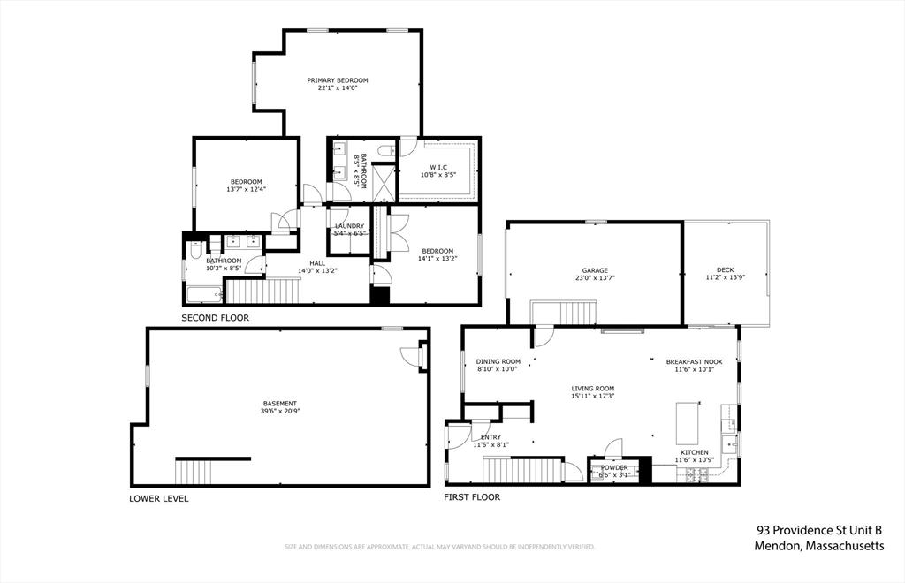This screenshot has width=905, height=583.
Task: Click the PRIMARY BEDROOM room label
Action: [x=338, y=80]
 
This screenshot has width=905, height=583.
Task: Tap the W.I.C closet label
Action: [x=438, y=167]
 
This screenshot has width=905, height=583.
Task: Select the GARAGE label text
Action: [x=594, y=270]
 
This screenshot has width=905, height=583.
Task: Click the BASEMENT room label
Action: [x=279, y=404]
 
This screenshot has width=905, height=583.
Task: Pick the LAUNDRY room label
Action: [x=349, y=226]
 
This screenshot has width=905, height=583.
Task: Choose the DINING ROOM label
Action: [x=498, y=361]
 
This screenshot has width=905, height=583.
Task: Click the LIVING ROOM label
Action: [x=592, y=389]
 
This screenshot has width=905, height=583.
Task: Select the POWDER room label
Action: [x=614, y=467]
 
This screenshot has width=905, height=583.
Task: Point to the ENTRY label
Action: [x=491, y=437]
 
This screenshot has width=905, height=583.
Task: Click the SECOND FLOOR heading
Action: [x=215, y=317]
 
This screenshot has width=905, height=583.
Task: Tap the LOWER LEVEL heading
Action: [x=158, y=498]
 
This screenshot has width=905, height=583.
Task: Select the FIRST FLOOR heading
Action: [x=472, y=497]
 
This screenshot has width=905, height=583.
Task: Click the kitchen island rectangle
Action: [x=688, y=423]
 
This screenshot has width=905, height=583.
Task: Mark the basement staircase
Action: [x=193, y=472]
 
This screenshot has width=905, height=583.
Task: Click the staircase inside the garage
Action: [x=564, y=313]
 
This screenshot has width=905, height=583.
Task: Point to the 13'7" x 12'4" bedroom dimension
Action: [x=247, y=189]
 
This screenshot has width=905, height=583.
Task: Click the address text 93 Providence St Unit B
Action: [x=818, y=530]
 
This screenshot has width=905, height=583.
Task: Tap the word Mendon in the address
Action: [x=777, y=546]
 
